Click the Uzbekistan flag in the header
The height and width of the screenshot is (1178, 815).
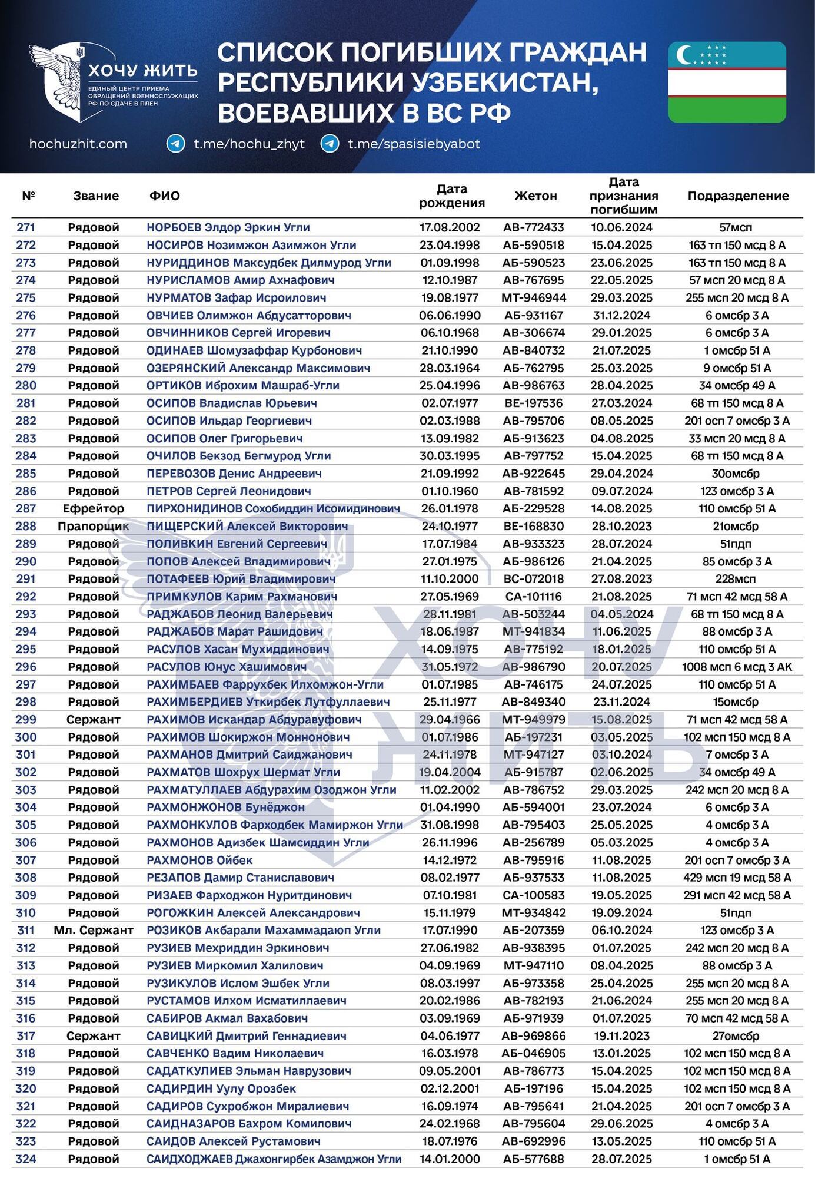[727, 82]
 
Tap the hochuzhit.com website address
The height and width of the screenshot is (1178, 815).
[78, 144]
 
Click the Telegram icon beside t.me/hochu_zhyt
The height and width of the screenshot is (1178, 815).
[175, 144]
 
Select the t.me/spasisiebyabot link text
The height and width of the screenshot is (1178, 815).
[414, 144]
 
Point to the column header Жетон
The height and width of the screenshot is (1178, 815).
[535, 196]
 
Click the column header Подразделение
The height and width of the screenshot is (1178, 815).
[738, 196]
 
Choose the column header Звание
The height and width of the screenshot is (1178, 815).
[96, 196]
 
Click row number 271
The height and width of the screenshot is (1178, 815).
[26, 227]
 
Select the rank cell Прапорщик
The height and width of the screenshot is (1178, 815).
[94, 526]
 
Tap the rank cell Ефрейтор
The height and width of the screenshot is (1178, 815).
[94, 508]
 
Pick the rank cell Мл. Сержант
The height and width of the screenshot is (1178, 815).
[94, 930]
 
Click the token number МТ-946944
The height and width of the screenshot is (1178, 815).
[534, 297]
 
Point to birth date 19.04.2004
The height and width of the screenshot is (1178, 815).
[450, 772]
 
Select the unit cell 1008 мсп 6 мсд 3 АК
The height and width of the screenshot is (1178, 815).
[737, 667]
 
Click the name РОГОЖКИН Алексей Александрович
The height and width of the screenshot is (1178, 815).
[253, 912]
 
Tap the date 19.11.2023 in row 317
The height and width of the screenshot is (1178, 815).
[622, 1035]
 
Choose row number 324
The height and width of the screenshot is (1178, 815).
[26, 1159]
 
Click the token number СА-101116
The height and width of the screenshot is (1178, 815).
[534, 596]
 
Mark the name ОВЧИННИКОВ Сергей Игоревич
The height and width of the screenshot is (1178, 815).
[238, 333]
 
